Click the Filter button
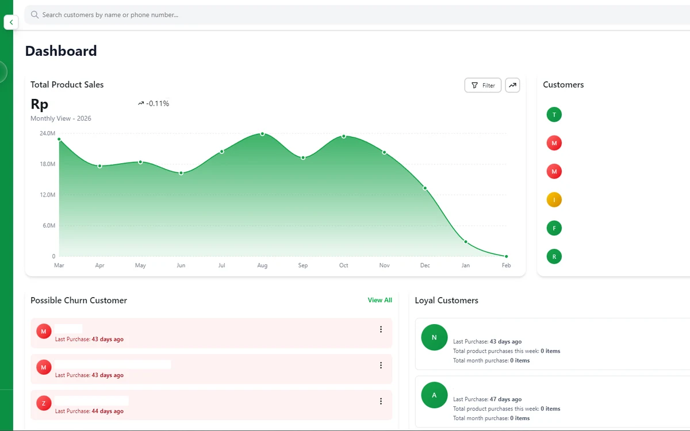coord(482,85)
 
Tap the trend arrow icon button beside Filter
coord(512,85)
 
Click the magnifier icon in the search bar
coord(35,14)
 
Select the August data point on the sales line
coord(262,134)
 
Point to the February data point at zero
coord(506,256)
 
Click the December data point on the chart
coord(425,188)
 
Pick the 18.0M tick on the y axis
coord(47,164)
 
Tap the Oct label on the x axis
coord(343,265)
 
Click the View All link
coord(380,300)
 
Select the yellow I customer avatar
coord(554,200)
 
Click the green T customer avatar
coord(554,115)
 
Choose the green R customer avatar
coord(554,256)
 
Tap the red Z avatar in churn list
coord(44,403)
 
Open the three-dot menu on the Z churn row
coord(381,401)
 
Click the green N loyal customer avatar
coord(434,337)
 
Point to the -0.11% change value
coord(158,103)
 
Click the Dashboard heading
coord(61,51)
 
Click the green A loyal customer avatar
coord(434,395)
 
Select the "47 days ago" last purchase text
coord(505,399)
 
